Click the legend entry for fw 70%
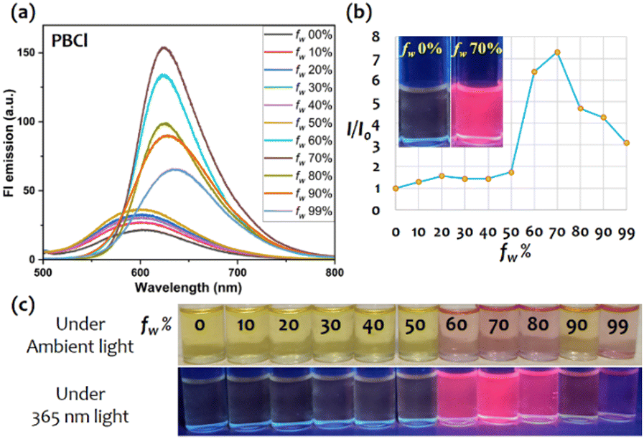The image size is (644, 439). pyautogui.click(x=299, y=159)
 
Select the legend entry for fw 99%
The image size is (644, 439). pyautogui.click(x=299, y=212)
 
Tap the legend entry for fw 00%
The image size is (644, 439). pyautogui.click(x=299, y=35)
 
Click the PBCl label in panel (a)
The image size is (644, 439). pyautogui.click(x=70, y=41)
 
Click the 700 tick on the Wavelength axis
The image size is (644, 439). pyautogui.click(x=238, y=272)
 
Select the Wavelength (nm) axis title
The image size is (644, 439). pyautogui.click(x=188, y=288)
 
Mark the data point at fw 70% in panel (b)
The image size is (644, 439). pyautogui.click(x=557, y=52)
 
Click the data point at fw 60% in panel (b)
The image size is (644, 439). pyautogui.click(x=534, y=72)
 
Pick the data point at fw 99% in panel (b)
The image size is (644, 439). pyautogui.click(x=626, y=143)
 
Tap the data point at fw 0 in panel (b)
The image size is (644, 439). pyautogui.click(x=396, y=189)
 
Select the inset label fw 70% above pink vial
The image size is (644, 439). pyautogui.click(x=477, y=50)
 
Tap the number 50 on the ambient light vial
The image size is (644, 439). pyautogui.click(x=414, y=325)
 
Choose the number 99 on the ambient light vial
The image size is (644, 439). pyautogui.click(x=617, y=326)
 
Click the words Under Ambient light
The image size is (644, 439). pyautogui.click(x=80, y=336)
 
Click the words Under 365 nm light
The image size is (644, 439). pyautogui.click(x=80, y=405)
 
